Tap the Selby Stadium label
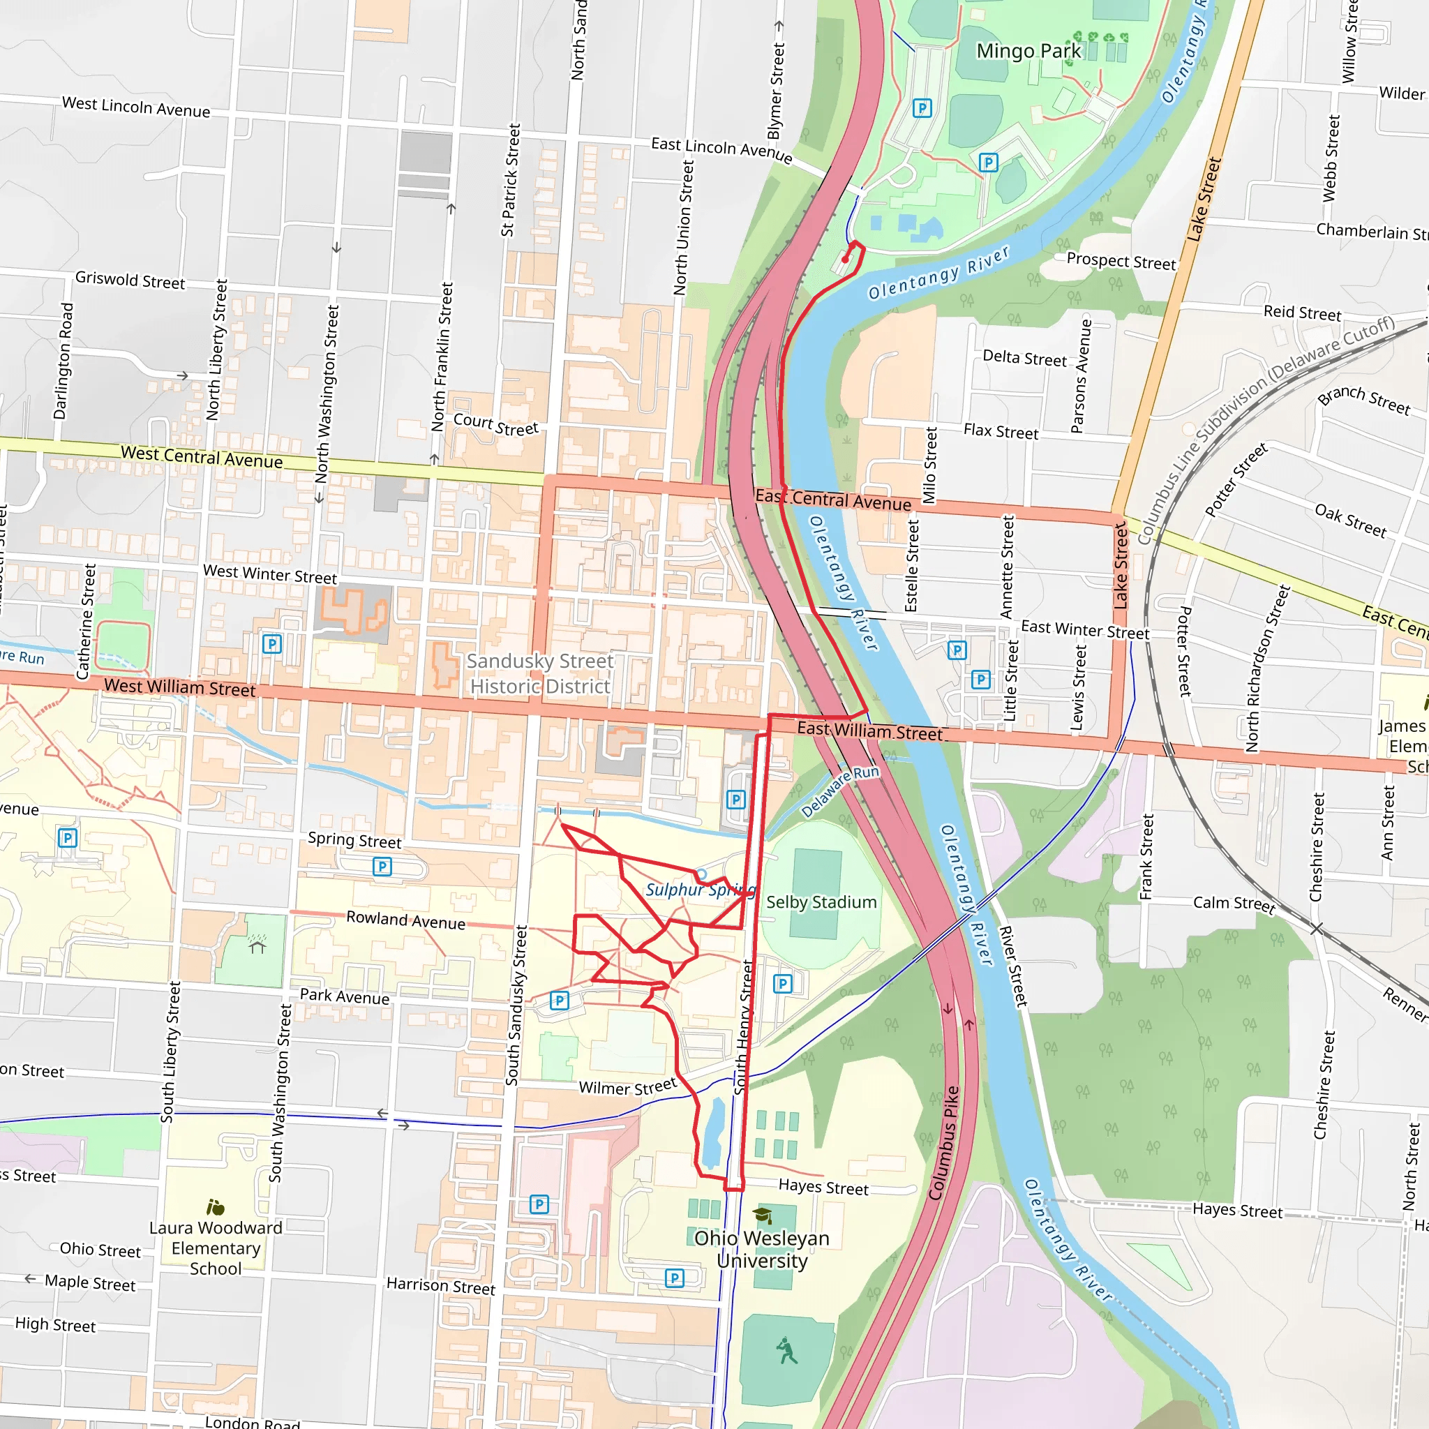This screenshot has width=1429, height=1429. [x=821, y=902]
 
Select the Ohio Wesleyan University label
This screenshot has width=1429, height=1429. [x=761, y=1249]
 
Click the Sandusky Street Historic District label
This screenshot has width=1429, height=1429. [x=541, y=674]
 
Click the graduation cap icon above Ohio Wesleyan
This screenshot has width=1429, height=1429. [x=762, y=1215]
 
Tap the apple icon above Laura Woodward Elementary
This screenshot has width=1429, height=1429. [x=215, y=1208]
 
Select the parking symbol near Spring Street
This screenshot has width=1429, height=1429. [x=382, y=866]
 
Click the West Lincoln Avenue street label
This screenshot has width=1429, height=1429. [x=136, y=107]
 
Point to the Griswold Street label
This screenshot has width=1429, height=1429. [x=130, y=280]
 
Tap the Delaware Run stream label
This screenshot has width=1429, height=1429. [x=840, y=792]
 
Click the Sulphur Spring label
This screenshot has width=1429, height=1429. [x=700, y=890]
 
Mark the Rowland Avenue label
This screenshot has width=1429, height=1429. [x=405, y=920]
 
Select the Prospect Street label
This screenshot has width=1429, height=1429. [x=1121, y=261]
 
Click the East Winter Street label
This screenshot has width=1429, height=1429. [x=1084, y=629]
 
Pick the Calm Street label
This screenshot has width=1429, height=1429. [x=1234, y=903]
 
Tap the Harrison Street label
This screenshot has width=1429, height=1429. [x=441, y=1285]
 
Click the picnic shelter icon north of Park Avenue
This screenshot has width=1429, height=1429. [x=257, y=945]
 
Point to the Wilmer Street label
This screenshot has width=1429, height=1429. [x=627, y=1087]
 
